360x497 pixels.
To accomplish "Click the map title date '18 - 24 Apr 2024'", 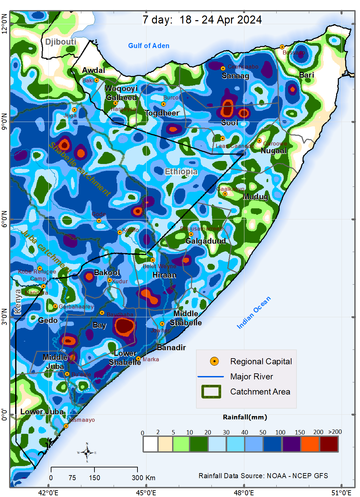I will click(220, 20).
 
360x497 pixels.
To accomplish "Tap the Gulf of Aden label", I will click(149, 46).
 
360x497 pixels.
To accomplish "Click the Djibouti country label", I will click(61, 42).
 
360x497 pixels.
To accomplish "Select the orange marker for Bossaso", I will click(282, 47).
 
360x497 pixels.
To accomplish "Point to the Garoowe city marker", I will click(259, 140).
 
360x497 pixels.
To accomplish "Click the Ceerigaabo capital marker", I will click(223, 68).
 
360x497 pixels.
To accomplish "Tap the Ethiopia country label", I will click(181, 172).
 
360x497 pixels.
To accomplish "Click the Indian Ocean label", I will click(253, 313).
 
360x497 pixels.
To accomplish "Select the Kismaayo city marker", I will click(66, 426).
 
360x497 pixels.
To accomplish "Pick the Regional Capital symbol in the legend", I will click(214, 361).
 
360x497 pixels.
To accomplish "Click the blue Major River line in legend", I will click(211, 376).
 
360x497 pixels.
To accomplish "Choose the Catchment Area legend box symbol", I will click(211, 391).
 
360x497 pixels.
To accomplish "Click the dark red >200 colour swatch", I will click(329, 444).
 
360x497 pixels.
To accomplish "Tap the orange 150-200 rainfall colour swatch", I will click(311, 444).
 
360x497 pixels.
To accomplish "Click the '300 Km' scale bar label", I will click(144, 478).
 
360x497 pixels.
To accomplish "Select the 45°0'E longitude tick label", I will click(146, 493).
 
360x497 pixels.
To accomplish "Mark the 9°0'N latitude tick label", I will click(4, 122).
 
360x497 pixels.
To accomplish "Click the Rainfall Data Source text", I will click(263, 476).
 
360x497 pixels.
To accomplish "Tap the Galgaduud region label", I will click(205, 241).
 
